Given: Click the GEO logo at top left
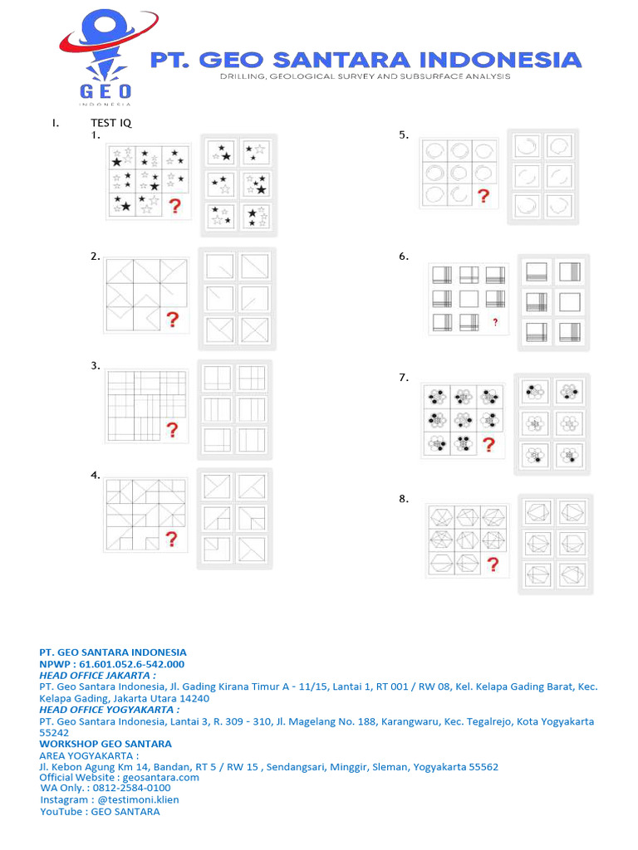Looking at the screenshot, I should pos(105,55).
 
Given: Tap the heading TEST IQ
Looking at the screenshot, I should pos(111,124).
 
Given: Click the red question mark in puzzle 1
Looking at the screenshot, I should pos(174,207).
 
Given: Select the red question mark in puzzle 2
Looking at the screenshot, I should pos(173,320).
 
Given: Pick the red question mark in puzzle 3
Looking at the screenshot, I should pos(173,430).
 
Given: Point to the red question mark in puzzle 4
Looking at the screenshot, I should pos(172,540).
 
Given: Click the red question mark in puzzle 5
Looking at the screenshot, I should pos(483,196).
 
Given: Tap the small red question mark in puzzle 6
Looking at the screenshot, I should pos(495,322).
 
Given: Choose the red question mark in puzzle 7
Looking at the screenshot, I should pos(488,445).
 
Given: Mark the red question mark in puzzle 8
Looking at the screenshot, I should pos(493,565).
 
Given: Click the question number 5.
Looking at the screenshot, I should pos(403,134).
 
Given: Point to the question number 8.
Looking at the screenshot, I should pos(403,499).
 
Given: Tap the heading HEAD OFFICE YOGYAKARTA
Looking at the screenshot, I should pos(109,710).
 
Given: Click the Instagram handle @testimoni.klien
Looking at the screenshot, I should pos(138,799).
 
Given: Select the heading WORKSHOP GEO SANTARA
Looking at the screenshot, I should pos(106,744).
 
